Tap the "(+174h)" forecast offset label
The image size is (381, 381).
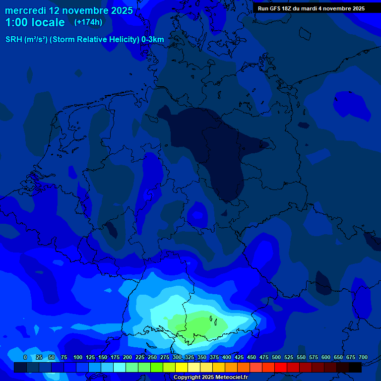pos(88,22)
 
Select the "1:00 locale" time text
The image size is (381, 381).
pos(35,23)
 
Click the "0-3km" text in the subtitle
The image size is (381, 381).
pos(153,40)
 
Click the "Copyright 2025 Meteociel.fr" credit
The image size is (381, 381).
pos(211,378)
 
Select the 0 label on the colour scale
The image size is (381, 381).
pos(25,357)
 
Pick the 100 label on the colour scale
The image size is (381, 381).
pos(78,357)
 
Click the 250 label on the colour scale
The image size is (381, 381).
pos(152,357)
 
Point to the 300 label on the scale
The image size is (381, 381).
pos(177,357)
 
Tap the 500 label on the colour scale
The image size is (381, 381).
pos(276,357)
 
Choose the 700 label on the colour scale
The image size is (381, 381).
pos(363,357)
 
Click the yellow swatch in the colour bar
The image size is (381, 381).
pos(181,367)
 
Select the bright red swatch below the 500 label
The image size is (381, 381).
pos(280,367)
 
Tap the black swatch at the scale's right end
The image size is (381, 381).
pos(355,367)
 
